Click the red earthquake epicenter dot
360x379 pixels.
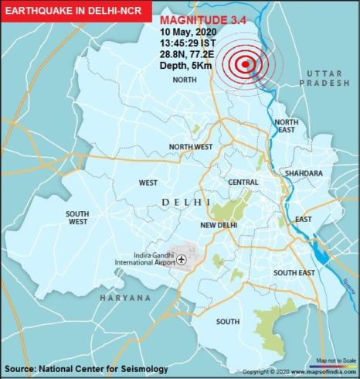(x=246, y=66)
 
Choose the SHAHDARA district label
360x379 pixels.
(x=302, y=174)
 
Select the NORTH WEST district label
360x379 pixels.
(x=192, y=147)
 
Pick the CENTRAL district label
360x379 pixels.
(x=244, y=182)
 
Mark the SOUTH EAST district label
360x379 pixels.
(x=294, y=272)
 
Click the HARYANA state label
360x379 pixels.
(x=124, y=298)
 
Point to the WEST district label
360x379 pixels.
(x=148, y=183)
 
